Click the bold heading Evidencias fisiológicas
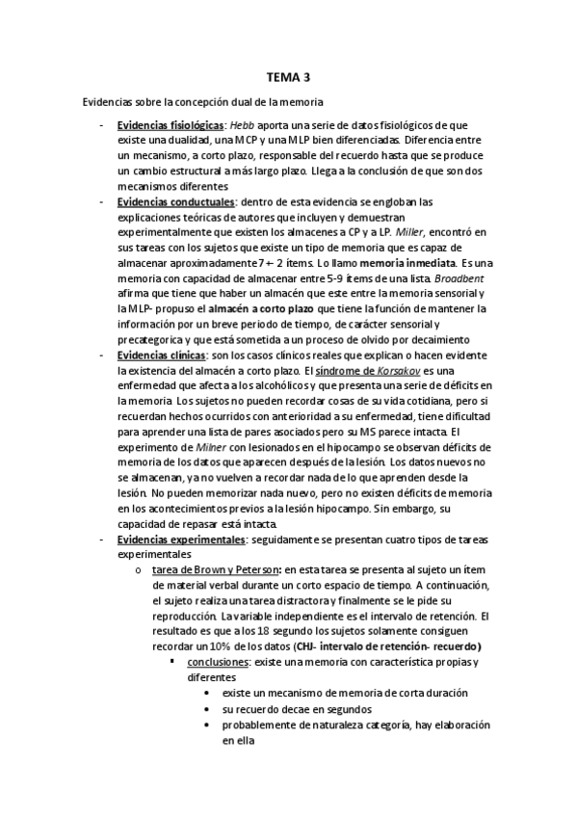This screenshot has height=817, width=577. click(x=170, y=125)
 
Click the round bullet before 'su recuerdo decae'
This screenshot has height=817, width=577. click(x=209, y=709)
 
